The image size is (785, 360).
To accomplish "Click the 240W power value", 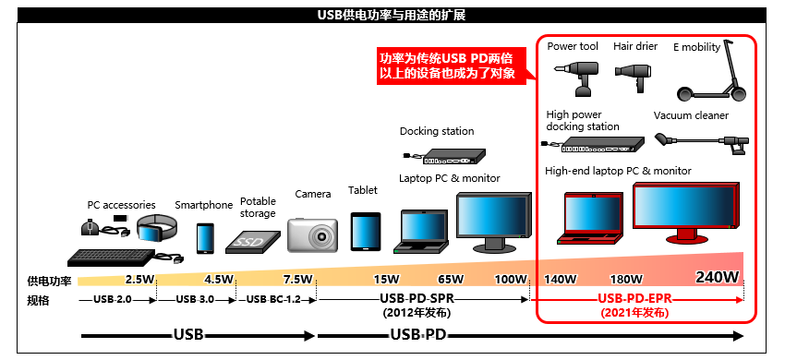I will coord(718,277).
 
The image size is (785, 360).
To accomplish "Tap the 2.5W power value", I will coord(139,280).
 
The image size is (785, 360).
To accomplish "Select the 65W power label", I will coord(451,280).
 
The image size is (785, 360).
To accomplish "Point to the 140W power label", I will coord(562,280).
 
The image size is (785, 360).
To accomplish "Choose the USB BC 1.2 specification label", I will coord(274,299).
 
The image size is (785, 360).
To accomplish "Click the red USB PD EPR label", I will coord(634,298).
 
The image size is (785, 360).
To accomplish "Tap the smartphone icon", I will coord(204,237).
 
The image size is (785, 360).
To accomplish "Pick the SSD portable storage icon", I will coord(250,241).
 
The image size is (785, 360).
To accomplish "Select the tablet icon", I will coord(365,232).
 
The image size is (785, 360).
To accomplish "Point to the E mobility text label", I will coord(696,47).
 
